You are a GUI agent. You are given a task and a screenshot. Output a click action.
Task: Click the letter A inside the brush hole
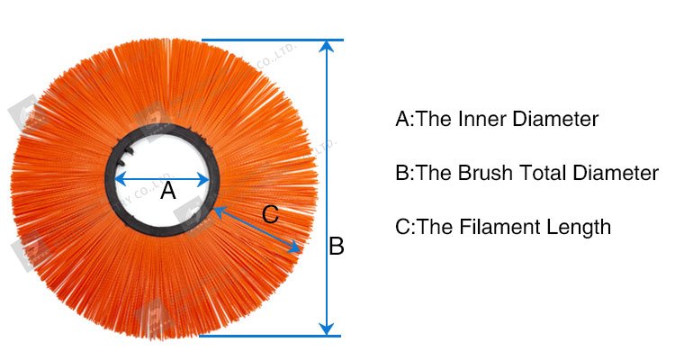click(167, 192)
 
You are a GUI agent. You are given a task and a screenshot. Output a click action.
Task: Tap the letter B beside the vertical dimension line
click(336, 246)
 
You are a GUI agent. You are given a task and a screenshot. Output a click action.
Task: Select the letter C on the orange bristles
click(270, 215)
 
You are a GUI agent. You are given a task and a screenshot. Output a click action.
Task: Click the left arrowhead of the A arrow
click(119, 178)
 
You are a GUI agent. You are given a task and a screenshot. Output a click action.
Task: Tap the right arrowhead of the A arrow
click(205, 178)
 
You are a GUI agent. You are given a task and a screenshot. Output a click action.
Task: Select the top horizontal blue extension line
click(270, 40)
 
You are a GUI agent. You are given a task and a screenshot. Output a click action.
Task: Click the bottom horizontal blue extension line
click(270, 336)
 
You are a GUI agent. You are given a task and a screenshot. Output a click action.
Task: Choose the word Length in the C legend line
click(580, 227)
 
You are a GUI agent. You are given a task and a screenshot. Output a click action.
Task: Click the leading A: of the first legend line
click(403, 119)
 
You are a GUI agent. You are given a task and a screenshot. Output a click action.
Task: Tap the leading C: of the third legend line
click(404, 227)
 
